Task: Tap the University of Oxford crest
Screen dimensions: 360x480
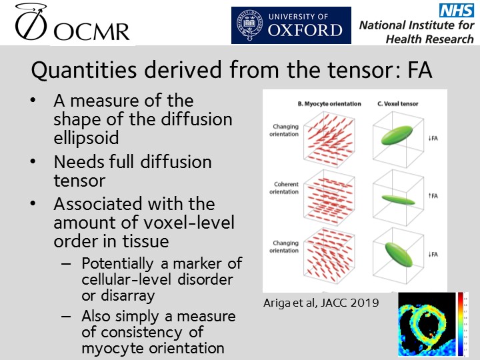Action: [x=249, y=25]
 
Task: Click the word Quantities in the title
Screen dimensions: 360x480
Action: [x=70, y=70]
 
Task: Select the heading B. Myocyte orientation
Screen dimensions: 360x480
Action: [x=329, y=104]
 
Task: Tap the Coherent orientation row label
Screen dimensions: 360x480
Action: [x=285, y=189]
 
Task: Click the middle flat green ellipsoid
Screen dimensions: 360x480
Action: [x=398, y=197]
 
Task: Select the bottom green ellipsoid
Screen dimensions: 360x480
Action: [x=399, y=254]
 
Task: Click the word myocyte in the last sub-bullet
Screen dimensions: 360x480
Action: [x=114, y=347]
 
